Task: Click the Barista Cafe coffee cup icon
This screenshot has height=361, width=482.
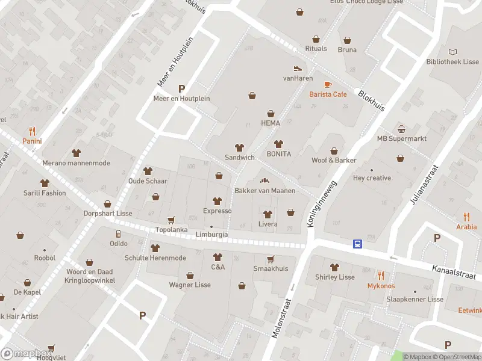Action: click(x=328, y=84)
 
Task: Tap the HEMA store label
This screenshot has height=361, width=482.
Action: click(x=271, y=123)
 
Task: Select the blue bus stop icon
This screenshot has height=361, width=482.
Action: click(x=358, y=244)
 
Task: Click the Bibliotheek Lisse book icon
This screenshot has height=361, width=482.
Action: click(x=453, y=52)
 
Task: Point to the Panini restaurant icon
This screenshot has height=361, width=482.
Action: click(x=32, y=131)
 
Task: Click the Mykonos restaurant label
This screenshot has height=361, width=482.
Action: click(x=381, y=286)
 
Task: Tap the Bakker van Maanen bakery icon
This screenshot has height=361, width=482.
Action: click(x=264, y=180)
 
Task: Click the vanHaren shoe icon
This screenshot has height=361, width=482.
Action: click(x=297, y=68)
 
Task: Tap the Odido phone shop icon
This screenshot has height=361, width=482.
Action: click(x=118, y=233)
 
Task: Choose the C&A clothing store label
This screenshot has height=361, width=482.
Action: click(x=218, y=267)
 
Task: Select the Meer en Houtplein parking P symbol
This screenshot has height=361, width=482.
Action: click(x=181, y=88)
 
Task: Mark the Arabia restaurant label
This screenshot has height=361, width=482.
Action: click(x=466, y=227)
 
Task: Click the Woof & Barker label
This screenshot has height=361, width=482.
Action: click(x=333, y=160)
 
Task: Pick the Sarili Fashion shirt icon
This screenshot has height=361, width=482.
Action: click(x=45, y=183)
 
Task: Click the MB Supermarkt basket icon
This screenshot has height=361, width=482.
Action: click(x=401, y=129)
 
